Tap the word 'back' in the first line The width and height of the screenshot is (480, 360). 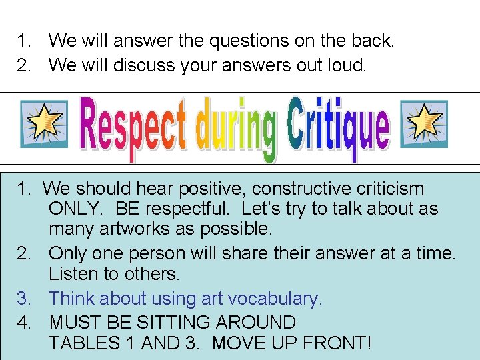pyautogui.click(x=372, y=41)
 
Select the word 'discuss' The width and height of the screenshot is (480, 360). pyautogui.click(x=145, y=65)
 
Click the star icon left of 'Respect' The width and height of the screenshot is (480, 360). pyautogui.click(x=44, y=124)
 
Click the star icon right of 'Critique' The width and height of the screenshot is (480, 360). pyautogui.click(x=423, y=124)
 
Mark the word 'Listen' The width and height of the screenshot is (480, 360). pyautogui.click(x=74, y=274)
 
